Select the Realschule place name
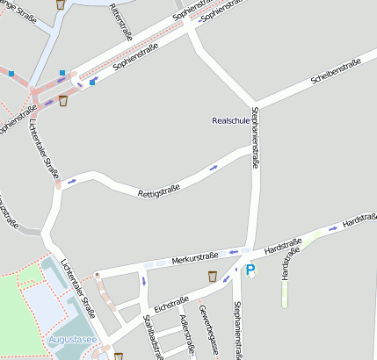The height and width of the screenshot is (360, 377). tap(231, 120)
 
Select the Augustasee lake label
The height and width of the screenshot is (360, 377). tap(72, 337)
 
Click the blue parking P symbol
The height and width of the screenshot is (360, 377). tap(250, 270)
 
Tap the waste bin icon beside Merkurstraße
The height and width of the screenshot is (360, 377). tap(213, 277)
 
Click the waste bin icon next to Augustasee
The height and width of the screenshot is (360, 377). tap(118, 356)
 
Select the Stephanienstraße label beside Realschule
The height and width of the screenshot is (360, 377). tap(256, 138)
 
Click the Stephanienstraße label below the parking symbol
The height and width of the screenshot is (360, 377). tap(237, 328)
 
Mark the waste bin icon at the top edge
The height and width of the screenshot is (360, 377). tap(60, 4)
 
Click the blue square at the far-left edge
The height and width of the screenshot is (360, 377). tap(11, 75)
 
